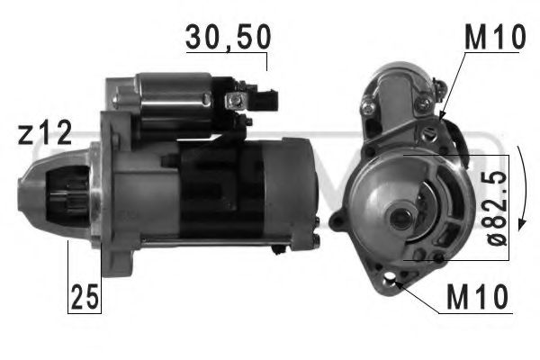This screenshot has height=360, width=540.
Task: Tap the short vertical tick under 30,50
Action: [x=266, y=60]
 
